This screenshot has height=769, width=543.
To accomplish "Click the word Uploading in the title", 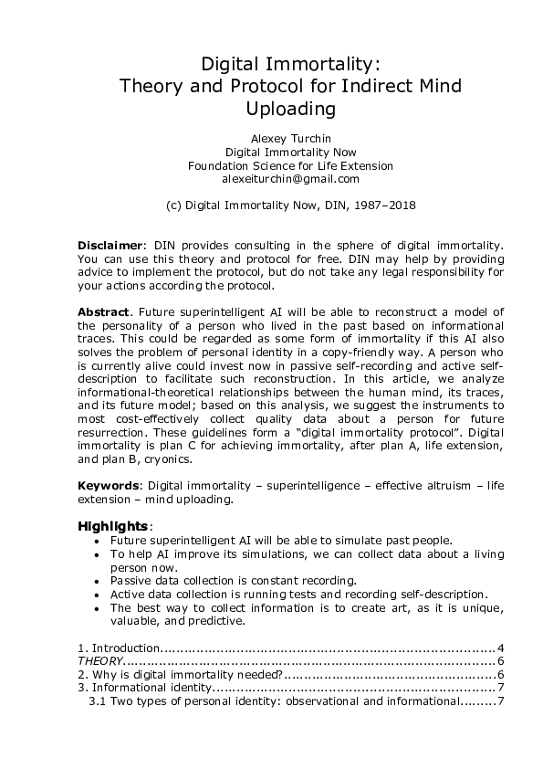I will (x=291, y=110).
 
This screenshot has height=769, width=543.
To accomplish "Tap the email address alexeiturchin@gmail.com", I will (x=291, y=180).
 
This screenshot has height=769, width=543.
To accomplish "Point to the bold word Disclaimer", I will (x=110, y=246).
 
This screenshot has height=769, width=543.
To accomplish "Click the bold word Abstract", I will (x=102, y=312).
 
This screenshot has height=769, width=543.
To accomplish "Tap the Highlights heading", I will (x=112, y=527).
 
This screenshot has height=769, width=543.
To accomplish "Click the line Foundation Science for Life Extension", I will (x=291, y=166).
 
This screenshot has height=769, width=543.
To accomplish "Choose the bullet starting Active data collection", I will (x=299, y=594).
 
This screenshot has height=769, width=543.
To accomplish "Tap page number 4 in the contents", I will (x=501, y=648).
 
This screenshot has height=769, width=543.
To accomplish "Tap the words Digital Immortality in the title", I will (x=291, y=64).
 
